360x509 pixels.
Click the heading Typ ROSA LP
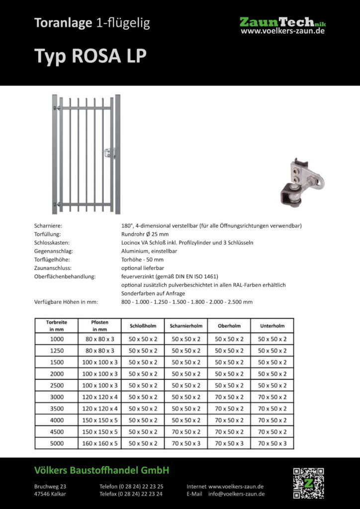[x=90, y=56]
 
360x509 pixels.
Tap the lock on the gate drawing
[x=110, y=152]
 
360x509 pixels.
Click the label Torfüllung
[x=47, y=234]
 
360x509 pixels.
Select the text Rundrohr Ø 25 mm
[x=145, y=234]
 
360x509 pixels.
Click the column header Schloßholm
[x=142, y=326]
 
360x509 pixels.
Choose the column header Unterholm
[x=272, y=326]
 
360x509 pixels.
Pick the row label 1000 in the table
[x=57, y=339]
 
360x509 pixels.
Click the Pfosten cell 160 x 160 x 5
[x=100, y=443]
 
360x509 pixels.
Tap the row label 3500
[x=57, y=409]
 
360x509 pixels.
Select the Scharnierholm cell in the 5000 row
[x=186, y=443]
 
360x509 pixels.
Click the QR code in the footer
[x=308, y=483]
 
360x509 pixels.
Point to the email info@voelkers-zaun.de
[x=236, y=494]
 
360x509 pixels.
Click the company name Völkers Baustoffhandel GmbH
[x=102, y=470]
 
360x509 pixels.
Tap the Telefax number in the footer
[x=131, y=494]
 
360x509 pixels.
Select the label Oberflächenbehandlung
[x=65, y=276]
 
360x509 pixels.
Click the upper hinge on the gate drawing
[x=57, y=108]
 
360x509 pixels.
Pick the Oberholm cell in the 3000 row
[x=229, y=397]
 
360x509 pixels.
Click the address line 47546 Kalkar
[x=50, y=494]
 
